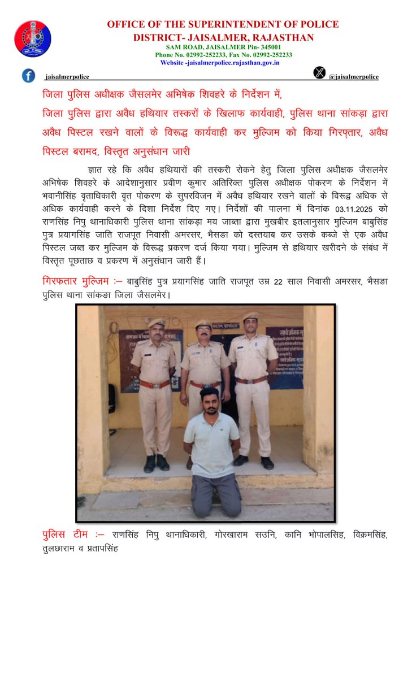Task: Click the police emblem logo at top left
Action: coord(32,38)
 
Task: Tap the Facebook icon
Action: coord(28,75)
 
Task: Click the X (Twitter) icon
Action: coord(320,72)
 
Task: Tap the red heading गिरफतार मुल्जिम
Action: coord(75,281)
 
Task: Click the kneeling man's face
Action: coord(210,402)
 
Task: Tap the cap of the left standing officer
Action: coord(157,323)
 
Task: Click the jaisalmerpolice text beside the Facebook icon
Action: coord(67,77)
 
